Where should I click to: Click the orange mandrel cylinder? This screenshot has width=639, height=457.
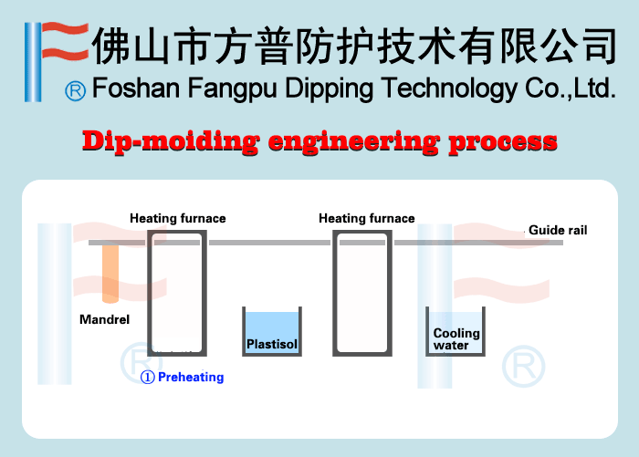pos(110,274)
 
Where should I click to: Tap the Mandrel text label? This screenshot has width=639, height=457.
pos(105,320)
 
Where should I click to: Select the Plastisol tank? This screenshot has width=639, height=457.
pos(272,333)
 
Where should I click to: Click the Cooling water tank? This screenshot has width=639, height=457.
pos(456,333)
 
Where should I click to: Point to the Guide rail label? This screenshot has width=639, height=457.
pos(558,231)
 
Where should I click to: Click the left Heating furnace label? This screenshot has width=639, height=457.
pos(177,219)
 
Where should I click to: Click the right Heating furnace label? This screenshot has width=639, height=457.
pos(366,219)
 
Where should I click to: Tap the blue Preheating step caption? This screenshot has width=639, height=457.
pos(190,377)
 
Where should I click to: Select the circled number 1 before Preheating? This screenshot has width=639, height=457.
pos(148,377)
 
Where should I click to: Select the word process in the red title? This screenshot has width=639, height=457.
pos(505,142)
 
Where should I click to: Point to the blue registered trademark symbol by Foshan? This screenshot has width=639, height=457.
pos(77,90)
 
